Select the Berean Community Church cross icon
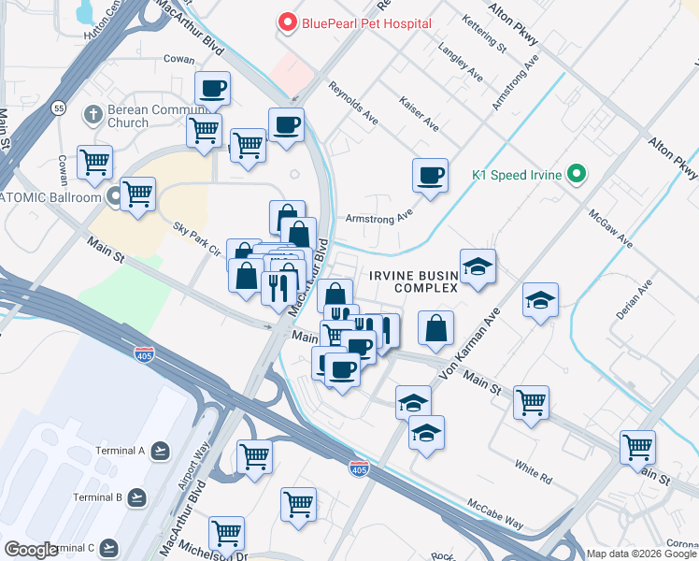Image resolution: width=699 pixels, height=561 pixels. pyautogui.click(x=92, y=114)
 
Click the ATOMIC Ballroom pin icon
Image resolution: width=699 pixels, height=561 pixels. pyautogui.click(x=115, y=197)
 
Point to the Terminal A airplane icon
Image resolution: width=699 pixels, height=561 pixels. pyautogui.click(x=161, y=451)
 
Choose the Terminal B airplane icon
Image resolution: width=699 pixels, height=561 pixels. pyautogui.click(x=137, y=496)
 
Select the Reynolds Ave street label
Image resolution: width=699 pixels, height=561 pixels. pyautogui.click(x=353, y=103)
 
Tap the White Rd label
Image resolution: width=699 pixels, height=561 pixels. pyautogui.click(x=533, y=465)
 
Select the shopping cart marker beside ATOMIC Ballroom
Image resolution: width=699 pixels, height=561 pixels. pyautogui.click(x=137, y=194)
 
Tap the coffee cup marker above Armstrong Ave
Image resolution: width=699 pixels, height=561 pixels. pyautogui.click(x=430, y=175)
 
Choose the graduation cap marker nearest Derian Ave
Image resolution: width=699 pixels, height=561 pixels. pyautogui.click(x=540, y=300)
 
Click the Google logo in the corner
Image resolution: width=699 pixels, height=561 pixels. pyautogui.click(x=31, y=550)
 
